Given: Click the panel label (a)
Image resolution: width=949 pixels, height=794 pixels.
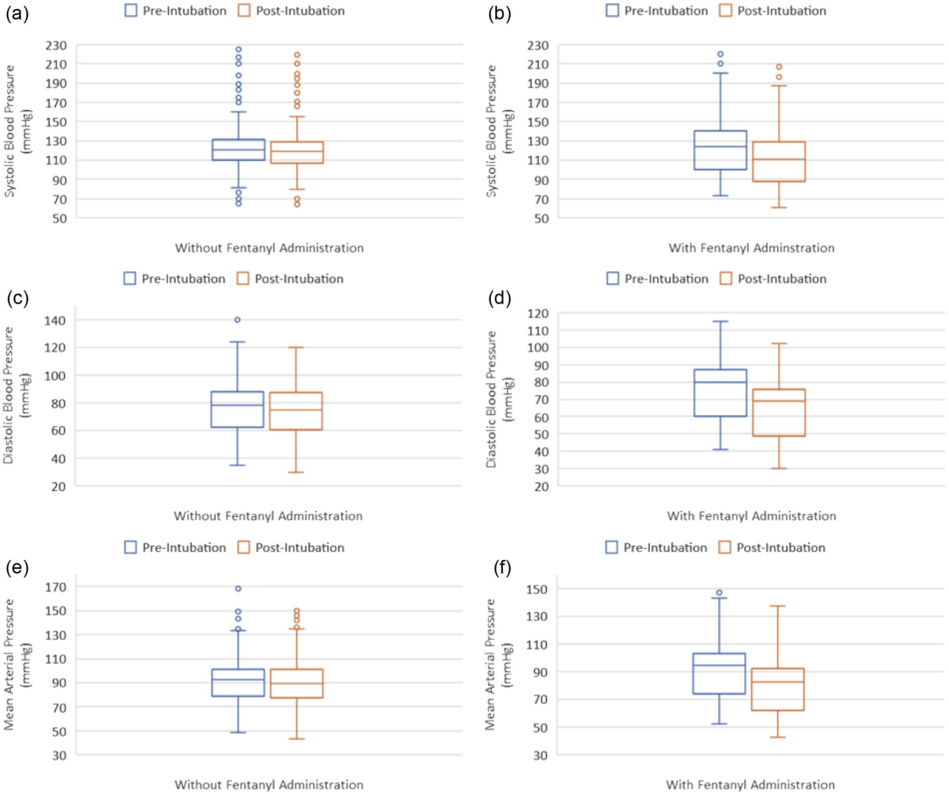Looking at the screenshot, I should (x=17, y=14).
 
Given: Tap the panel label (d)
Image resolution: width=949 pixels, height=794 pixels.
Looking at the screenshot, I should (x=499, y=299).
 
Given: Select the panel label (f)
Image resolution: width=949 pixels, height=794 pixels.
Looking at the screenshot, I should (x=502, y=568).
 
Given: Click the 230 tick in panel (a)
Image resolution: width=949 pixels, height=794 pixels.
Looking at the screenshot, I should (x=56, y=45).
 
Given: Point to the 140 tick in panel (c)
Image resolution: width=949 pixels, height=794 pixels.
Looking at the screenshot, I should (x=55, y=320).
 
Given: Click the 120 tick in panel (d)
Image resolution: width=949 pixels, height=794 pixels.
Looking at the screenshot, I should (x=538, y=314).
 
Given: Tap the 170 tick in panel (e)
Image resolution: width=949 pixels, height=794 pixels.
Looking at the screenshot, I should (x=56, y=587).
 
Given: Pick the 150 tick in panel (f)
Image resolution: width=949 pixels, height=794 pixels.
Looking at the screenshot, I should (x=537, y=589).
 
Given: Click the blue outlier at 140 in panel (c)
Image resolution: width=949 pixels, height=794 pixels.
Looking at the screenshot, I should (x=237, y=320).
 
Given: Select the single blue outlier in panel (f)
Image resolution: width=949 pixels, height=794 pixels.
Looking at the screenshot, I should (x=719, y=593).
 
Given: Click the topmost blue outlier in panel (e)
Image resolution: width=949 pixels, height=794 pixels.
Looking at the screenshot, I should (x=238, y=589).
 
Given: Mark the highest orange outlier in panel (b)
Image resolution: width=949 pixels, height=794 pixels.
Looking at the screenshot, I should (x=779, y=67).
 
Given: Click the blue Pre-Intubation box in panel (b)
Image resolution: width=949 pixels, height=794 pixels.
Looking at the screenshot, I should (x=720, y=150).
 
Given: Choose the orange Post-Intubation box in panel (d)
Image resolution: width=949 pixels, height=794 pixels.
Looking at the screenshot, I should (x=779, y=413).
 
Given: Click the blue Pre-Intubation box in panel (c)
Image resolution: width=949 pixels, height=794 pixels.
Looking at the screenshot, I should (x=237, y=409).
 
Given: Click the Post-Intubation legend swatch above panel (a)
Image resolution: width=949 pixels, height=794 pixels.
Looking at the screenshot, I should (x=244, y=11).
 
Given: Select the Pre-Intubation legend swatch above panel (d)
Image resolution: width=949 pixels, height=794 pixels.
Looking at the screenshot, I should (x=612, y=279).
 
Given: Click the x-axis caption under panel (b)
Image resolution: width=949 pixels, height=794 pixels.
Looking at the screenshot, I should (x=752, y=248).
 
